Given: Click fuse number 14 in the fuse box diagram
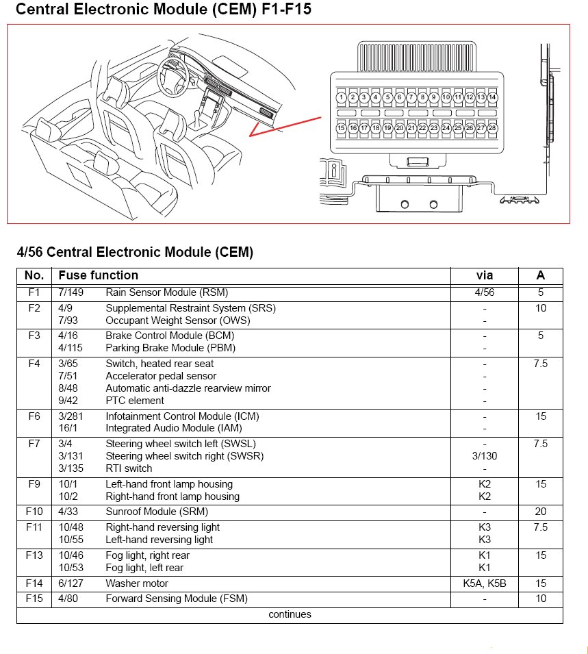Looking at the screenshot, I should (x=493, y=98).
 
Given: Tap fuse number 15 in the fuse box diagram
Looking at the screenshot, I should (x=341, y=128).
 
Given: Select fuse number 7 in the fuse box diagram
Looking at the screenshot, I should (x=411, y=98).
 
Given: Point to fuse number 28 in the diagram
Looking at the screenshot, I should (x=493, y=128).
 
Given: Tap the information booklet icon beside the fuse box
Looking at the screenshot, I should (x=333, y=171).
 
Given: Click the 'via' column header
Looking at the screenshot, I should (x=485, y=275).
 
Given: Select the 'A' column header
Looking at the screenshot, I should (x=541, y=275).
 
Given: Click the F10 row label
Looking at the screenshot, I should (x=34, y=512).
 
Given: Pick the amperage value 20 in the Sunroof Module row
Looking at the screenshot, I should (x=541, y=512).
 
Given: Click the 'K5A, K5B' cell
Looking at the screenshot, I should (x=485, y=583).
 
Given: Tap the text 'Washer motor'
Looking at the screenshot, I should (x=137, y=583).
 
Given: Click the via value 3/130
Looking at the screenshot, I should (x=485, y=456).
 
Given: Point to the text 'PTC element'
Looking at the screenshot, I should (x=135, y=401).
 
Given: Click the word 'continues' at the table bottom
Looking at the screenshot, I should (x=290, y=614).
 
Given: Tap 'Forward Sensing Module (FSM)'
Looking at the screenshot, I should (x=177, y=599).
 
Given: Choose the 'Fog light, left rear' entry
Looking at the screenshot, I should (x=144, y=568).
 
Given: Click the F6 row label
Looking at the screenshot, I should (x=34, y=416).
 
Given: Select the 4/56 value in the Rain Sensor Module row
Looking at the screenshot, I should (x=485, y=292).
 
